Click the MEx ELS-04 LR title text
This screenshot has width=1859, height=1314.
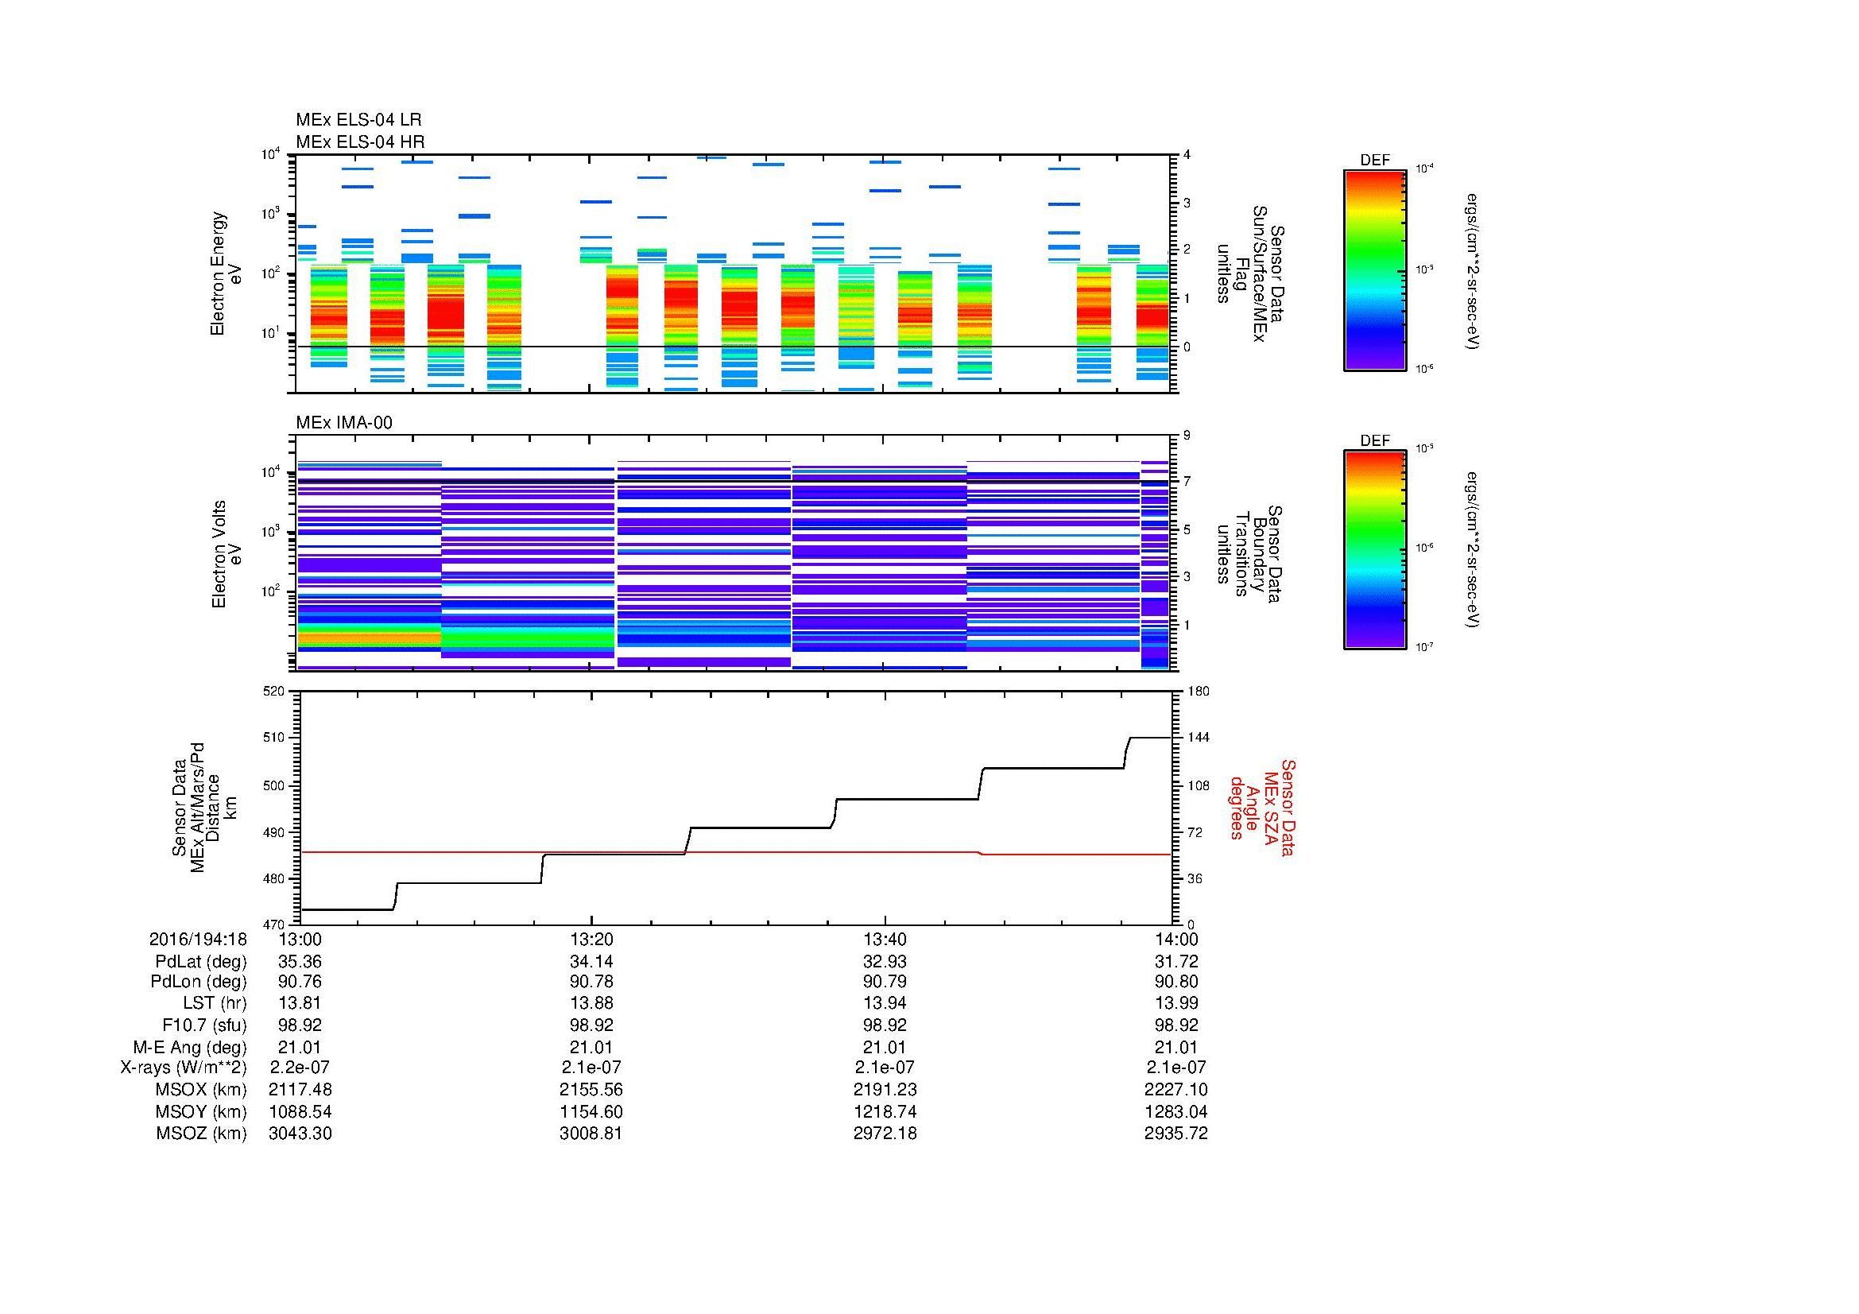[358, 120]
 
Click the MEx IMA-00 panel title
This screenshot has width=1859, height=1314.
[344, 423]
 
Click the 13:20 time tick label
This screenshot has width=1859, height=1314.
[591, 939]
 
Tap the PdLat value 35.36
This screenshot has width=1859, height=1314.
[300, 962]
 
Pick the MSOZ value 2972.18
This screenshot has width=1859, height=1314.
[885, 1134]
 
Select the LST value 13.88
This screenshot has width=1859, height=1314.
[591, 1003]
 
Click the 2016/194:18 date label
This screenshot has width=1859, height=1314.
[198, 939]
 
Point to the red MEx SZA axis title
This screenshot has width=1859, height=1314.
[1262, 807]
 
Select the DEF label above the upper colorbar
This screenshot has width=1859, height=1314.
[1375, 161]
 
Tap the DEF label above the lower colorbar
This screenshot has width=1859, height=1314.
[1375, 441]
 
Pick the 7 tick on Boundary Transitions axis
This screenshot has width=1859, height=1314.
[1187, 482]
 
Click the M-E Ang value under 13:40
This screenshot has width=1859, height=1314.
[885, 1047]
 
